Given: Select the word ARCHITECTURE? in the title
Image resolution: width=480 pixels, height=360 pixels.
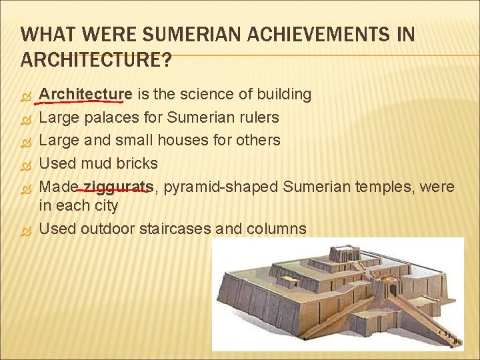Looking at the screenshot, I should tap(96, 60).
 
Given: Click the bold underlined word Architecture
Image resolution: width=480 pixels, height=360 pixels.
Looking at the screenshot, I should tap(85, 95).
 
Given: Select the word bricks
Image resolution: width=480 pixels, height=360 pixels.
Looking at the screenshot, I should tap(136, 163).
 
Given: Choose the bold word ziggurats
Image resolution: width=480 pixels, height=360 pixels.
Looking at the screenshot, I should tap(118, 187).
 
